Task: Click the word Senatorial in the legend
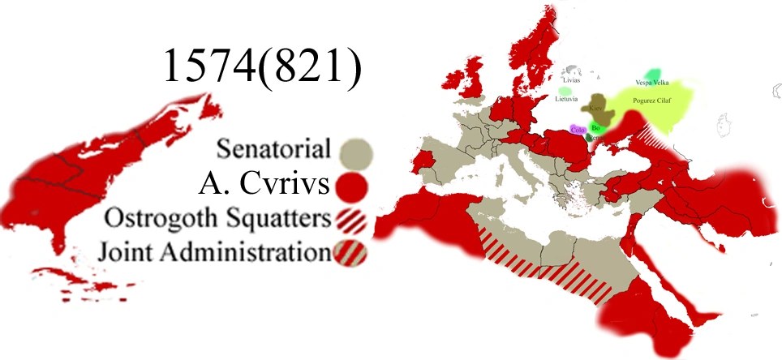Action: (x=274, y=151)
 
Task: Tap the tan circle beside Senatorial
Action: (x=354, y=152)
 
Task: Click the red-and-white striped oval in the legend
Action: (x=352, y=220)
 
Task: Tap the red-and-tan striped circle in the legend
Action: (x=350, y=253)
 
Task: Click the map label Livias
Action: (x=573, y=80)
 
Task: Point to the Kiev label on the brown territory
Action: (x=595, y=108)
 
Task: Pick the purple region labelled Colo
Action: (x=578, y=128)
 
